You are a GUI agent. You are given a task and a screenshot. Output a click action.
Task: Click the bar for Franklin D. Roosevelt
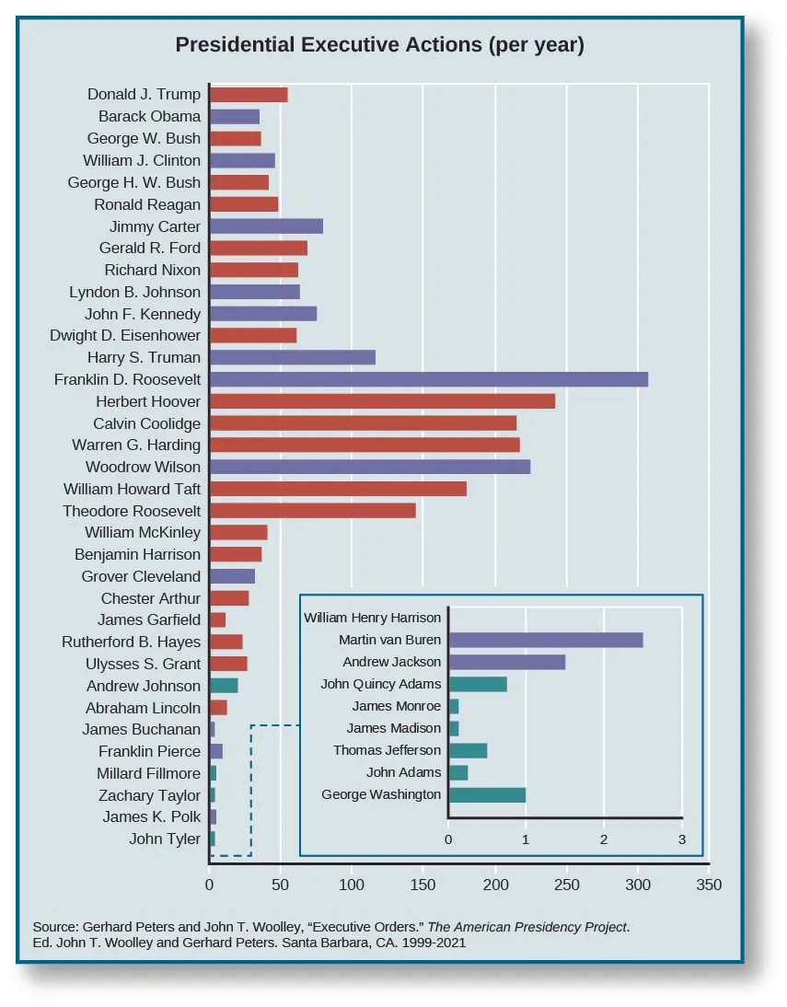tap(429, 379)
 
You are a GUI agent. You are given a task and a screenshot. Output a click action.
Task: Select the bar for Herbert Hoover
tap(382, 401)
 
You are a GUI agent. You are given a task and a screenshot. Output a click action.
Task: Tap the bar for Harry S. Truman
tap(293, 357)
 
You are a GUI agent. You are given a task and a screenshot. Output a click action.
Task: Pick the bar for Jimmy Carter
tap(266, 226)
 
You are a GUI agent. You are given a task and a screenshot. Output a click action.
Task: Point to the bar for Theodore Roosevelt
tap(313, 511)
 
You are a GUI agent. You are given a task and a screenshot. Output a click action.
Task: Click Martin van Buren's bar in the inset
tap(545, 641)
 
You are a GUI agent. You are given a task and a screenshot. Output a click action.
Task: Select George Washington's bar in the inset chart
tap(486, 794)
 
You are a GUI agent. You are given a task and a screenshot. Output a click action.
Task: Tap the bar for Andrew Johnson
tap(224, 686)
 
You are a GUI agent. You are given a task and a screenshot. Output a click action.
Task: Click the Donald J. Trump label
tap(144, 95)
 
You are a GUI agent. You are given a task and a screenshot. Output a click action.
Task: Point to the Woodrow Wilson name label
tap(143, 468)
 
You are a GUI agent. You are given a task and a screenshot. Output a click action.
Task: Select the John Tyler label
tap(165, 839)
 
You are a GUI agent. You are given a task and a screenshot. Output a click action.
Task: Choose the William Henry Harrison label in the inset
tap(373, 618)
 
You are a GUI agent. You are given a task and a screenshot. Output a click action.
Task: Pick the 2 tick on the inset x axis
tap(604, 839)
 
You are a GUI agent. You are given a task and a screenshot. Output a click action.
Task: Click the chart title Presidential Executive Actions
tap(379, 45)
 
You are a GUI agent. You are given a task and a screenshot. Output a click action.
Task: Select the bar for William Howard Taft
tap(338, 489)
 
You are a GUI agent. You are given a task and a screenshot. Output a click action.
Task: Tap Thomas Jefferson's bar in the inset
tap(468, 750)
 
